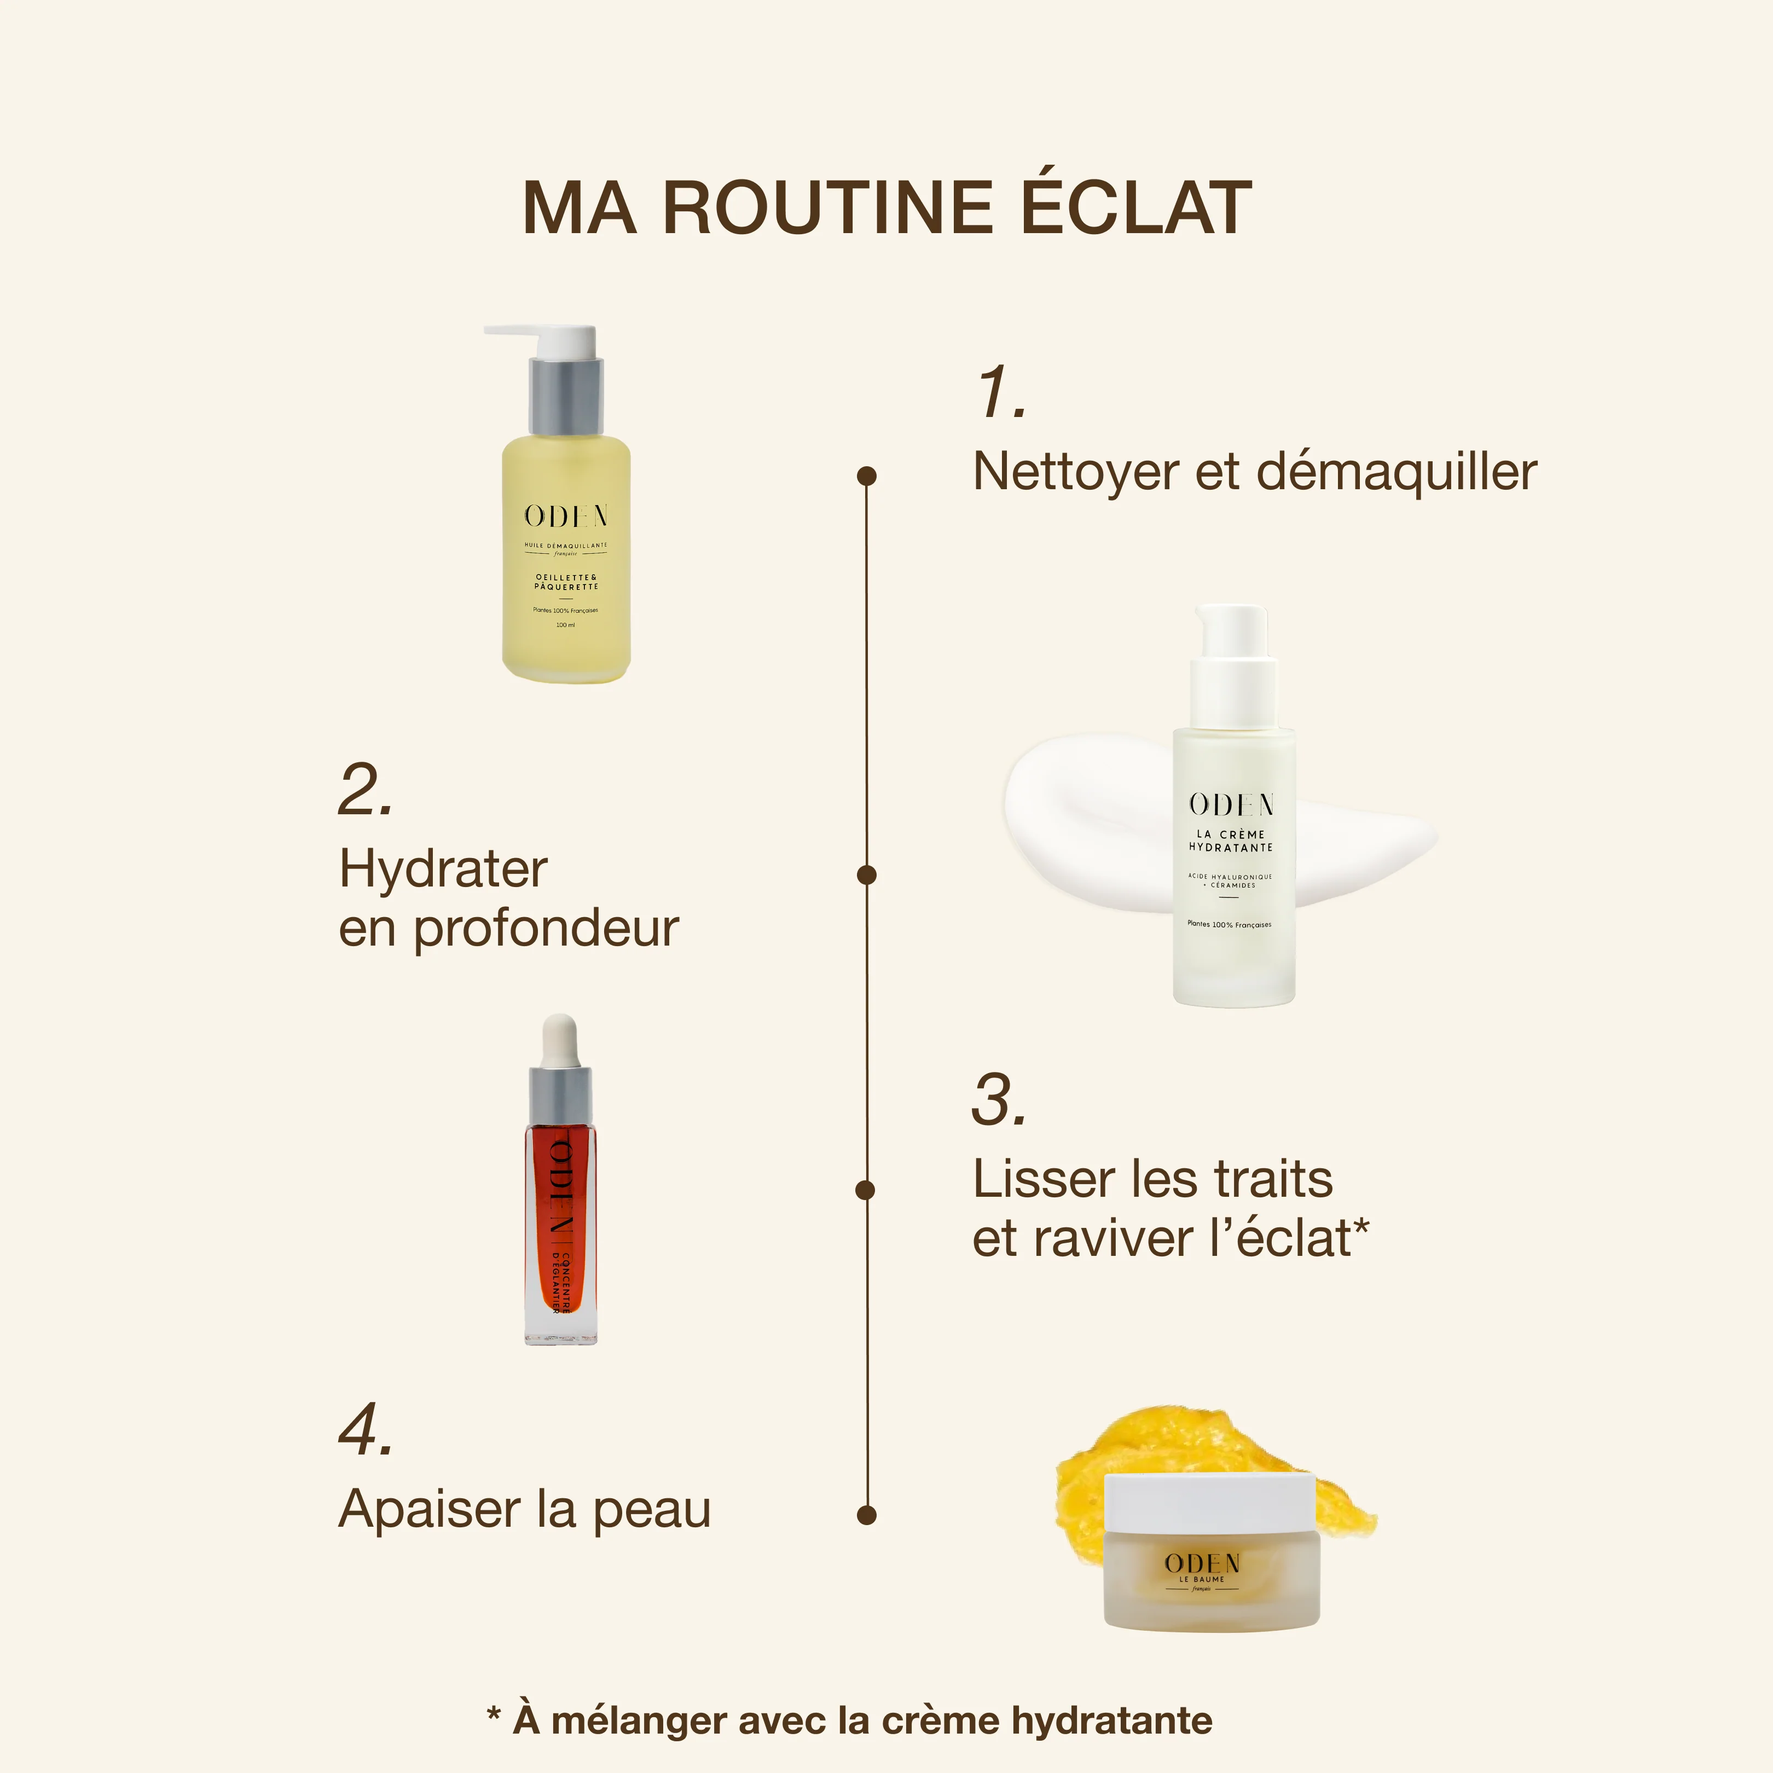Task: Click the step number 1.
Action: [x=1000, y=393]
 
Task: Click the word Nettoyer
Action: [x=1075, y=473]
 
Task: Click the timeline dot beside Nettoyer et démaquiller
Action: [x=866, y=476]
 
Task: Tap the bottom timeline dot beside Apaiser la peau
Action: [x=866, y=1515]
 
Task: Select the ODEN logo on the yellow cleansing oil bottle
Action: [x=565, y=517]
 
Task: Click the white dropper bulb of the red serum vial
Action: [x=560, y=1040]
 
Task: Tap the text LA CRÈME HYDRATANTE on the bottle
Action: [x=1231, y=841]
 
